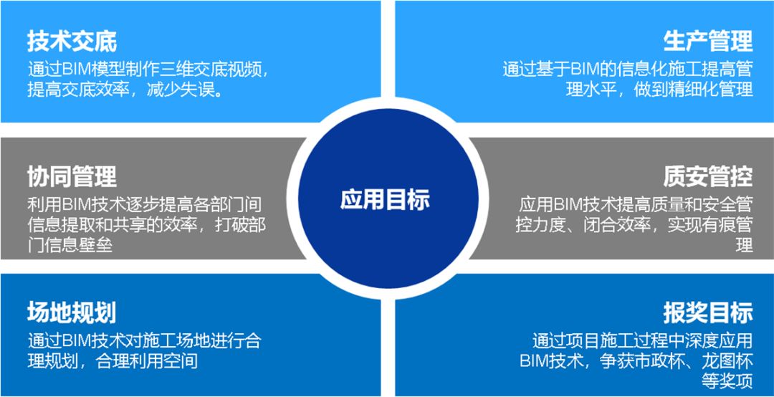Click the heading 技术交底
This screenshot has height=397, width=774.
coord(72,41)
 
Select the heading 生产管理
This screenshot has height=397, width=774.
coord(708,41)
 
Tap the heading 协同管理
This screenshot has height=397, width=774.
coord(72,176)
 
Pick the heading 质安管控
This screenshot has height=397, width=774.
coord(708,176)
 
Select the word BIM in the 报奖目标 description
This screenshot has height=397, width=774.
coord(536,361)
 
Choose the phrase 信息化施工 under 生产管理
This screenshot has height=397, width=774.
coord(645,70)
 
